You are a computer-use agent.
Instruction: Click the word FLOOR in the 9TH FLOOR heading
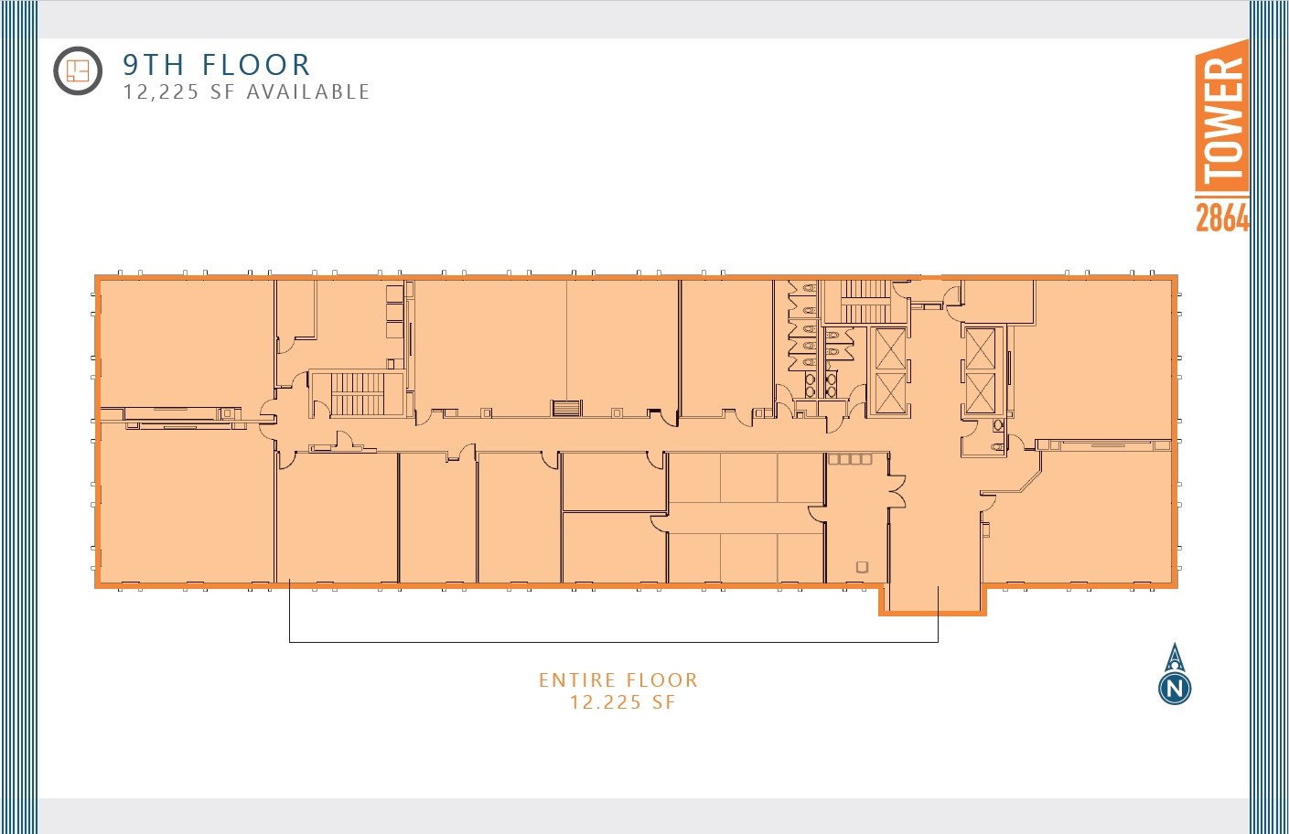tap(256, 65)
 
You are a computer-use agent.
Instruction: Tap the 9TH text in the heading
tap(154, 65)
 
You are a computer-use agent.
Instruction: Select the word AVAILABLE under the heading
tap(308, 91)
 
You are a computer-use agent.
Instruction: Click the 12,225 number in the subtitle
tap(161, 91)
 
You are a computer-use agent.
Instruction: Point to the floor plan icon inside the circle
tap(78, 70)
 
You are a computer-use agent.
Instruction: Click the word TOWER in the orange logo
tap(1222, 119)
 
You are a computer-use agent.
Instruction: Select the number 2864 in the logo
tap(1222, 218)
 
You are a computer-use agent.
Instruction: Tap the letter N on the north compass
tap(1175, 688)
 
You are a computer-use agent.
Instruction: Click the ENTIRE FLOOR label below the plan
tap(618, 680)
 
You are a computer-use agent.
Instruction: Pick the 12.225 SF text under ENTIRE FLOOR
tap(622, 702)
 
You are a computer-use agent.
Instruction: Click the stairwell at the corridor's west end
tap(358, 393)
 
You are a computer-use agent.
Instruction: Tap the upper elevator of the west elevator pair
tap(890, 348)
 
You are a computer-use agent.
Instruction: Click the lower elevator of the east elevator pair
tap(980, 394)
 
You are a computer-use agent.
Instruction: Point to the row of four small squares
tap(850, 459)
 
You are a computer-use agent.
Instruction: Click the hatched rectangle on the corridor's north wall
tap(567, 408)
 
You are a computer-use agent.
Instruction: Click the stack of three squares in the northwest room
tap(394, 312)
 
